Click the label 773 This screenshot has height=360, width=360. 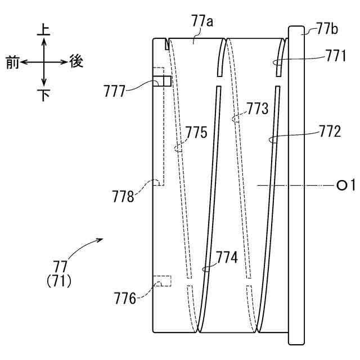(x=258, y=109)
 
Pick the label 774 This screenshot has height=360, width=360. (x=227, y=258)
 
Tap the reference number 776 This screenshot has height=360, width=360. (x=124, y=298)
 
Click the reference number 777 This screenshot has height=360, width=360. (x=115, y=91)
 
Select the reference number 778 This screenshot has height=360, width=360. (x=123, y=197)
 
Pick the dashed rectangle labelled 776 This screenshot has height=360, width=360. (x=163, y=280)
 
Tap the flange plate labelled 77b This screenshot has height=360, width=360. (x=296, y=186)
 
